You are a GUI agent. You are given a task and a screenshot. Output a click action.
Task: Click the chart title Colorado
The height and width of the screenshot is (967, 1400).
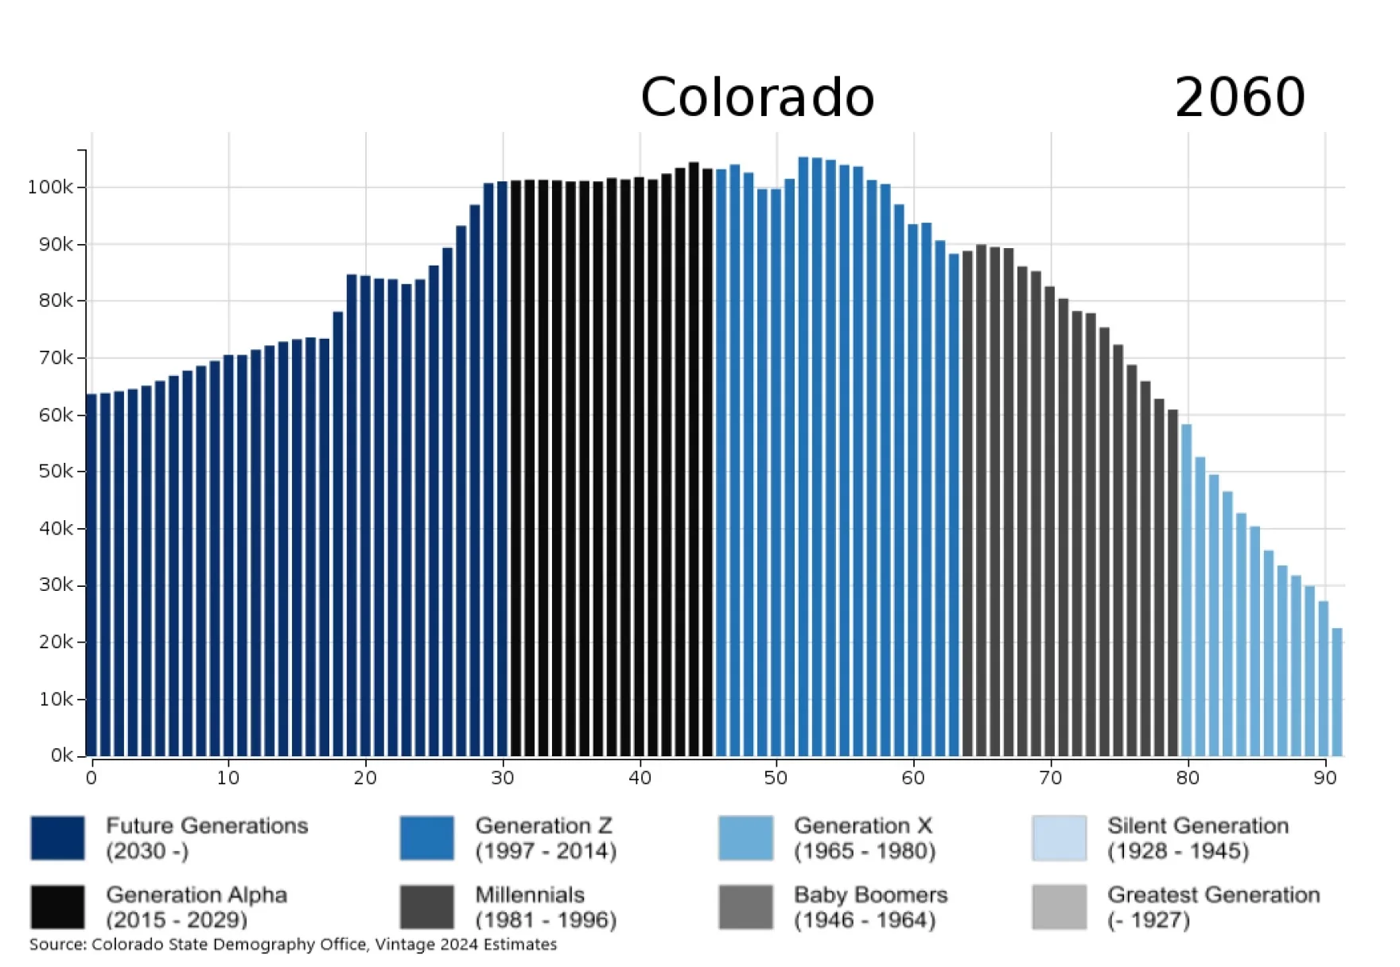pos(756,97)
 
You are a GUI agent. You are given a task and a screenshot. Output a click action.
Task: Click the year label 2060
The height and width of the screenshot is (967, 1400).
pos(1239,97)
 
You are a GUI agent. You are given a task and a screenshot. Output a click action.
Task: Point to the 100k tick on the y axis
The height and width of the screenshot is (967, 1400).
pos(51,188)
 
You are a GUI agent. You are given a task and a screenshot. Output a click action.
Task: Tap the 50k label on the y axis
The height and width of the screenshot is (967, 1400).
pos(56,472)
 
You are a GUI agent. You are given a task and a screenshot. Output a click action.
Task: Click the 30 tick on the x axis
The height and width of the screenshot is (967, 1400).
pos(502,778)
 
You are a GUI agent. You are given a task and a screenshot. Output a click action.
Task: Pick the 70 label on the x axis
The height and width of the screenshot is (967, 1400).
pos(1050,778)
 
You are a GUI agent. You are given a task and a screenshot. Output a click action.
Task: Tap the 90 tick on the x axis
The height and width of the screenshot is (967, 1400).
pos(1324,778)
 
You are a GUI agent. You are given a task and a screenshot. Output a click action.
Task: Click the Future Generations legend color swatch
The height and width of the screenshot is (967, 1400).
pos(57,837)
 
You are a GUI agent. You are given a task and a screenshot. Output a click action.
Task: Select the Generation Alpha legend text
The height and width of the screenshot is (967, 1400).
pos(196,907)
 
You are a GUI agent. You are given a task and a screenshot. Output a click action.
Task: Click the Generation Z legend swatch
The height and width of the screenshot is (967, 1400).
pos(427,837)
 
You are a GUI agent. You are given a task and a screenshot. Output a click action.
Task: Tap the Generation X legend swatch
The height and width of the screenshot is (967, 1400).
pos(745,837)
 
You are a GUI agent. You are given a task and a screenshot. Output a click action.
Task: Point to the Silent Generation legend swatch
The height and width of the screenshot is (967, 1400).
pos(1059,837)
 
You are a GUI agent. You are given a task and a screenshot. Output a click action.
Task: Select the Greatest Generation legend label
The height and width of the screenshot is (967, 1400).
pos(1213,907)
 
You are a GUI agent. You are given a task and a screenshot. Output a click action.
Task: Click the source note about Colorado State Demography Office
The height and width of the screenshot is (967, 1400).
pos(293,945)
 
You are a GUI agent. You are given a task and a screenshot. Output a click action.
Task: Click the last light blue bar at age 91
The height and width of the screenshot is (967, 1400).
pos(1337,692)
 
